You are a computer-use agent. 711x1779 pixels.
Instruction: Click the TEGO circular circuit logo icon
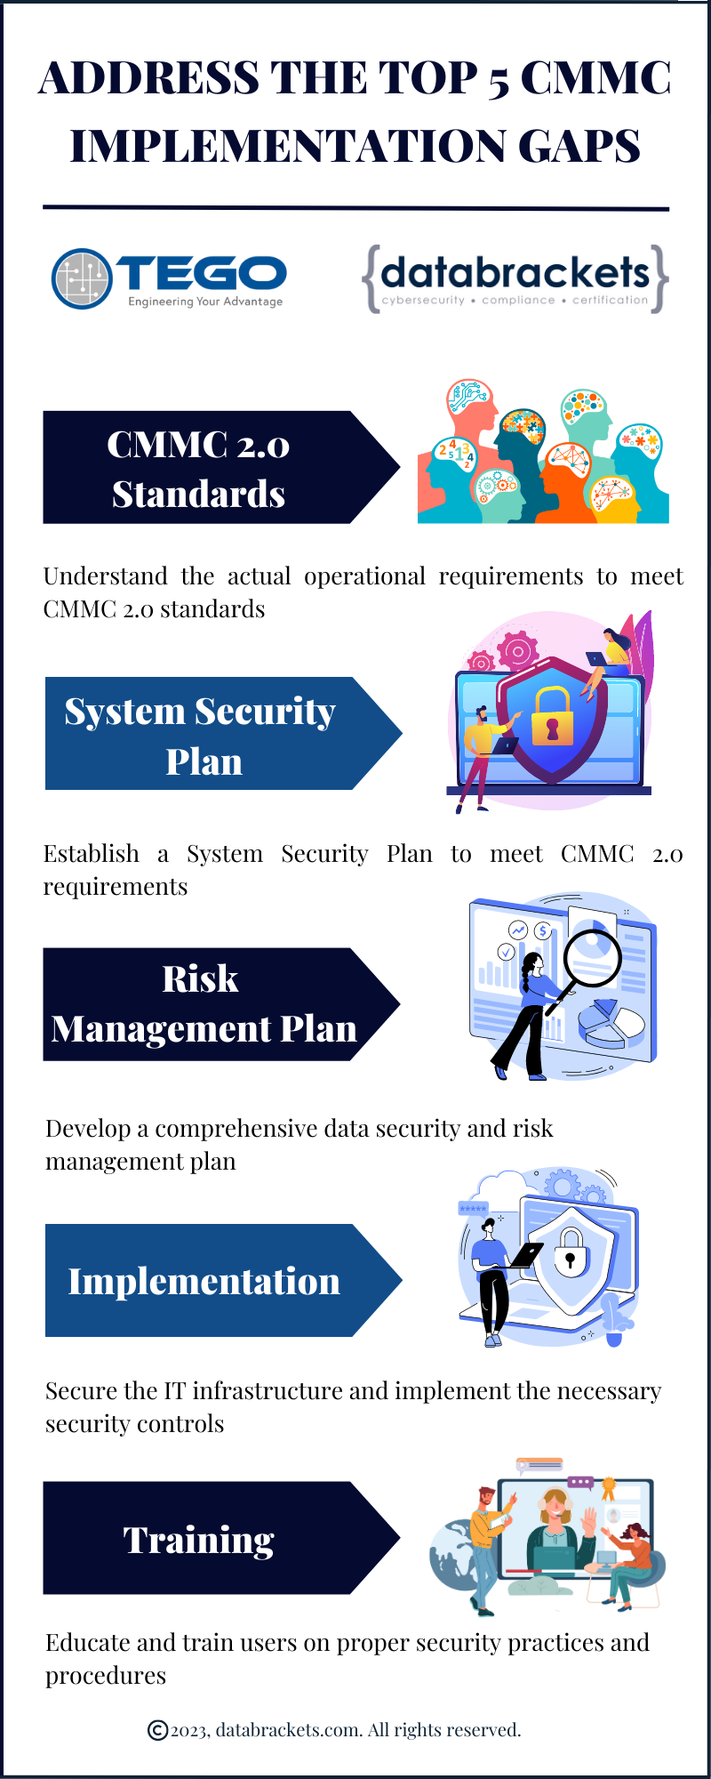point(82,278)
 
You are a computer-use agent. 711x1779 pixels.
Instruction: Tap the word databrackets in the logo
point(515,272)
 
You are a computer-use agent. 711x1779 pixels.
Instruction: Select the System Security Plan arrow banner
point(223,734)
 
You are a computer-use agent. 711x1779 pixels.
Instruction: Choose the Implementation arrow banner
point(223,1280)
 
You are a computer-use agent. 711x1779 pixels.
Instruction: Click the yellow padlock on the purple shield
point(552,717)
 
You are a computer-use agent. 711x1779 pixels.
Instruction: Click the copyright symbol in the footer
point(157,1730)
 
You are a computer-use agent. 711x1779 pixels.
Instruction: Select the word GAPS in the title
point(579,146)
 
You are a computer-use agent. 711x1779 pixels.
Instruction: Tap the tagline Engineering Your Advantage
point(205,302)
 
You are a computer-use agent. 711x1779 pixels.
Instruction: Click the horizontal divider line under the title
point(355,208)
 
